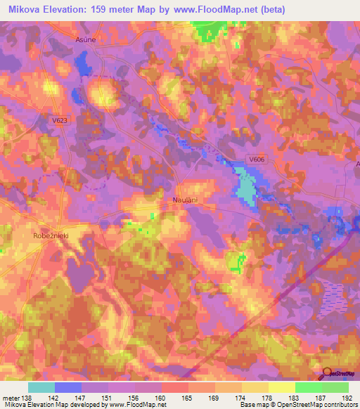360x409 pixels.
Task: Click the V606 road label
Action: [x=256, y=160]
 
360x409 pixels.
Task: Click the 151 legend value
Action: [x=108, y=398]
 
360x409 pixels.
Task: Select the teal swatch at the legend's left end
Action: [x=41, y=387]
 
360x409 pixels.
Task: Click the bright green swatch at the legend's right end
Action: [x=335, y=387]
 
